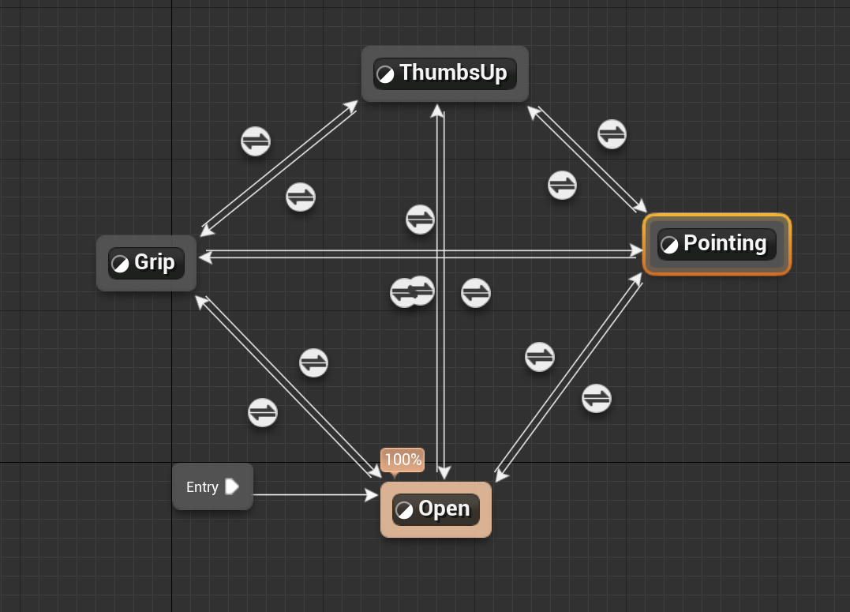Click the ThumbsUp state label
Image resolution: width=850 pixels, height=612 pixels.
coord(452,73)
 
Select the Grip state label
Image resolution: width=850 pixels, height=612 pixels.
coord(155,262)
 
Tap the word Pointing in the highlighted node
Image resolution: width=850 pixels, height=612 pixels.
coord(725,243)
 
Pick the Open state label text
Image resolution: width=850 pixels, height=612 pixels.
coord(444,509)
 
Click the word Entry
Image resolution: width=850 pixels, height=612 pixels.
coord(202,487)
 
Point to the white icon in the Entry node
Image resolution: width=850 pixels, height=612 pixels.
coord(231,486)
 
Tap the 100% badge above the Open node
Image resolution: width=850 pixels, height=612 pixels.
coord(403,460)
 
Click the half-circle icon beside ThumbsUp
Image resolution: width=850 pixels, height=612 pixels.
coord(385,74)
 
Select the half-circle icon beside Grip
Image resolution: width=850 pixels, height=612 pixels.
coord(120,264)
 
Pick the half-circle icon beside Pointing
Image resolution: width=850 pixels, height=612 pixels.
coord(668,245)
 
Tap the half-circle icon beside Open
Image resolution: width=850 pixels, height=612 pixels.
coord(404,510)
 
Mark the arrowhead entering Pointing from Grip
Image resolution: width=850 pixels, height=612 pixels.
coord(637,250)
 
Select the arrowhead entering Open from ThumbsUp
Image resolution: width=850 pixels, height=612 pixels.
coord(444,473)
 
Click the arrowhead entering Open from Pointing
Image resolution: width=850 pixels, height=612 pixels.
coord(500,475)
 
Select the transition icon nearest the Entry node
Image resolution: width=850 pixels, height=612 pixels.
coord(263,412)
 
